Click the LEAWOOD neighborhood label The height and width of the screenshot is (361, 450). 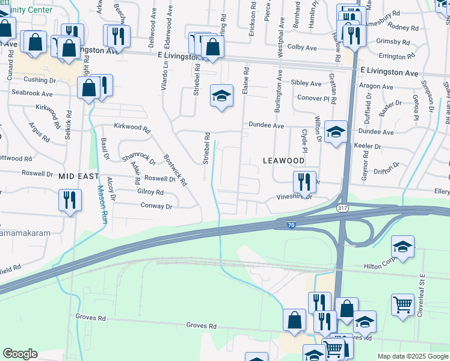(x=283, y=161)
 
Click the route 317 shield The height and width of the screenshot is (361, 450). (x=341, y=208)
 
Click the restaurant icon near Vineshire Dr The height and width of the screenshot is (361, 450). (x=304, y=181)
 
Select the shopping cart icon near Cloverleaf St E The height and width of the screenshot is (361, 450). (x=402, y=304)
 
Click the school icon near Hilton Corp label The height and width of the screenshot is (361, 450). (x=402, y=245)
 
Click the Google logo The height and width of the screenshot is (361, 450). (x=20, y=354)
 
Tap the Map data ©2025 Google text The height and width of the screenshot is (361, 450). (x=412, y=356)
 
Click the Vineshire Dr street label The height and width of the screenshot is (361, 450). (x=294, y=196)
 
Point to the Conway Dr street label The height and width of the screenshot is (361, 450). (x=156, y=206)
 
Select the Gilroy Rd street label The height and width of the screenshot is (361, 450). (x=150, y=193)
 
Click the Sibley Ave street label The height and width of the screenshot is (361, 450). (x=306, y=84)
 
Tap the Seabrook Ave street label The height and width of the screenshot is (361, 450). (x=31, y=94)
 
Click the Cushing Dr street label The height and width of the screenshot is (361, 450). (x=40, y=79)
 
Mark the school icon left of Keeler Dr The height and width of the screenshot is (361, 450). (x=336, y=132)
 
